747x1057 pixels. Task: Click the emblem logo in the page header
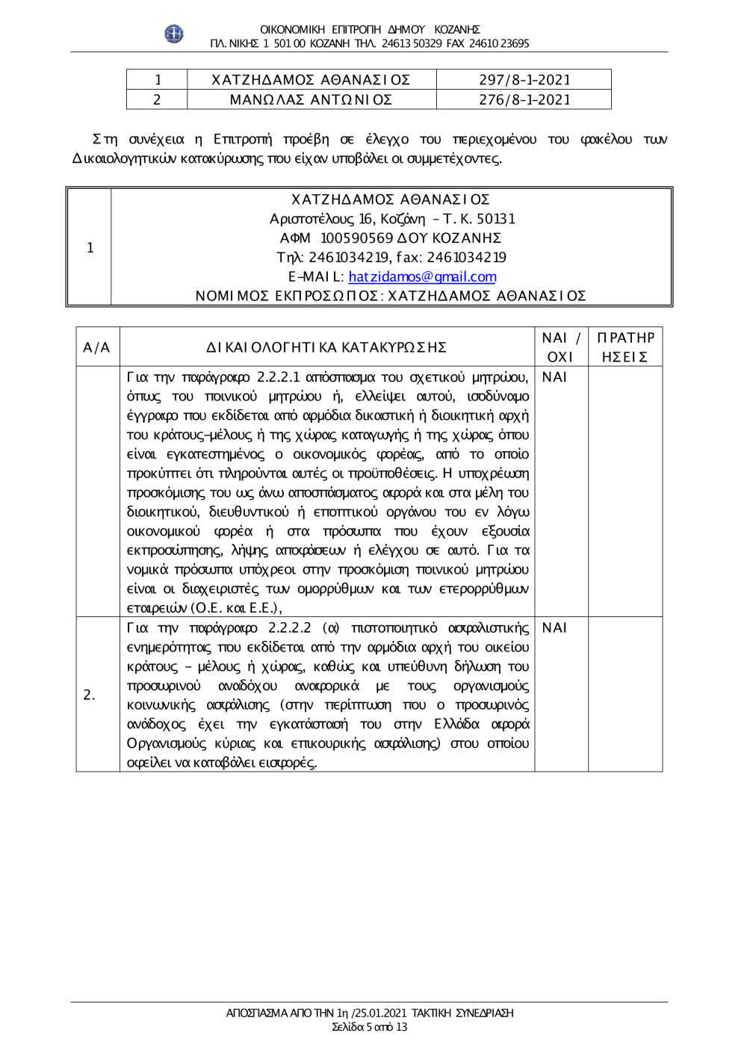click(x=174, y=34)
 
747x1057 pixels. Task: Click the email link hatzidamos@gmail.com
click(x=422, y=276)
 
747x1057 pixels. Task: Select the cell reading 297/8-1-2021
click(x=524, y=80)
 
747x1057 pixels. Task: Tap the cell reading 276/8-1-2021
click(x=524, y=99)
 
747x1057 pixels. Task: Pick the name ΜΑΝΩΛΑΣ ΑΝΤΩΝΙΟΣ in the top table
click(x=311, y=99)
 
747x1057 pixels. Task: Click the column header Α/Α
click(x=96, y=347)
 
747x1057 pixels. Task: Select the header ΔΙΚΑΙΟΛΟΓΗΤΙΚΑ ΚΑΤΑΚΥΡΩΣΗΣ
click(x=326, y=347)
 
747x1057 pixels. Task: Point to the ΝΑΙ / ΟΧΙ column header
click(x=560, y=347)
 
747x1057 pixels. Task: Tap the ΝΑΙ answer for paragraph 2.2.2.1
click(x=554, y=377)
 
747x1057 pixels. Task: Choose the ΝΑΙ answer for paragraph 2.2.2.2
click(x=554, y=627)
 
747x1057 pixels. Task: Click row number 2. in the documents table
click(x=90, y=695)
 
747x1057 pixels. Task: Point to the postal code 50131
click(x=496, y=219)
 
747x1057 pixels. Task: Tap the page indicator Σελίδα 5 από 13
click(x=370, y=1027)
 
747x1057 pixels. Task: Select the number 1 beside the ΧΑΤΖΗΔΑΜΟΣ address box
click(x=90, y=248)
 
